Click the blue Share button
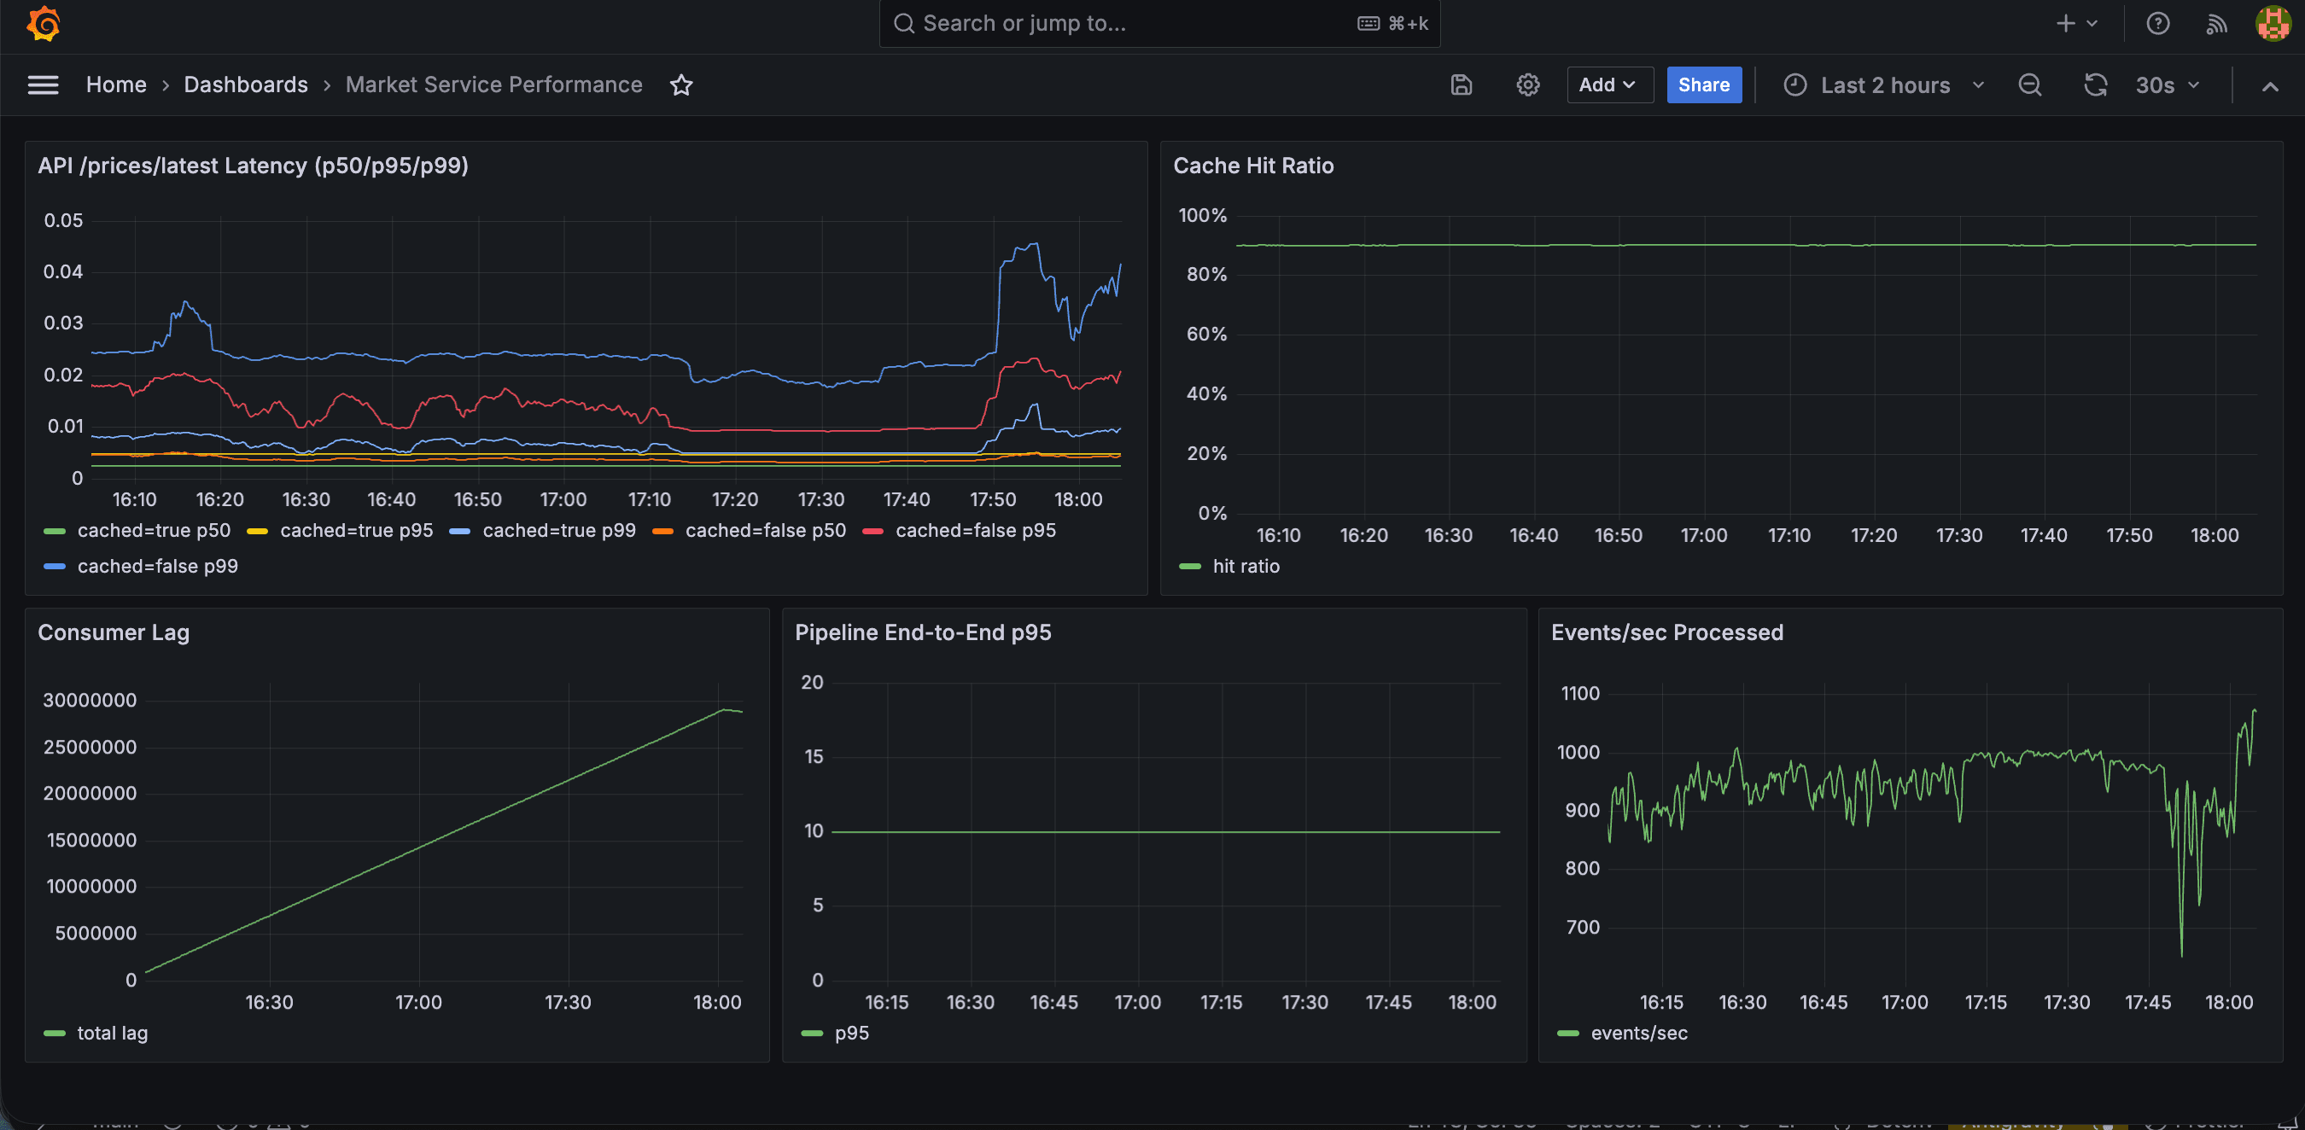click(1703, 85)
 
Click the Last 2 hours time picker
click(1884, 85)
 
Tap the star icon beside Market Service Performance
click(681, 85)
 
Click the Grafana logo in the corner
click(43, 23)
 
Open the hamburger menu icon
click(43, 85)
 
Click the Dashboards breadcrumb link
click(245, 85)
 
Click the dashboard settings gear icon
click(1527, 85)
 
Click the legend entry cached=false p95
click(974, 531)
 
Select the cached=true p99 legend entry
click(558, 531)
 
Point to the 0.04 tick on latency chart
click(62, 272)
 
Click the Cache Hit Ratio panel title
click(1252, 166)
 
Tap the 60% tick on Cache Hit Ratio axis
click(1205, 335)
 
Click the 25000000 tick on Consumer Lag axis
click(90, 747)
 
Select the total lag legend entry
click(112, 1034)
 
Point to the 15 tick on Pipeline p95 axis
click(813, 757)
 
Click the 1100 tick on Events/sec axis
click(1579, 693)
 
